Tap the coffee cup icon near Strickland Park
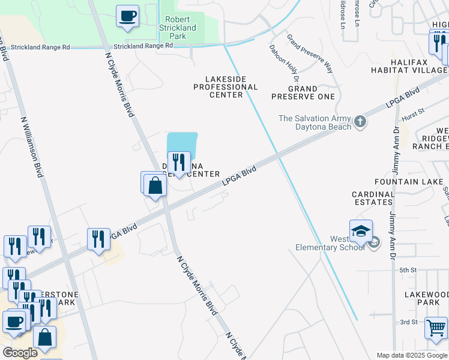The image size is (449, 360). pos(127,17)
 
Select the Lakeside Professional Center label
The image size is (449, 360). pos(225,86)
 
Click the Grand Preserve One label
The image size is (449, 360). pos(303,92)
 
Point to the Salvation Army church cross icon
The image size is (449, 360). pos(360,122)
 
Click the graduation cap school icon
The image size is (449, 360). pos(361,232)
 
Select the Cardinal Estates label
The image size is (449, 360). pos(372,198)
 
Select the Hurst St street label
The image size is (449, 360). pos(413,111)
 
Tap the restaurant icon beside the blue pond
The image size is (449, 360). pos(178,163)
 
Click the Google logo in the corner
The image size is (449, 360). pos(20,353)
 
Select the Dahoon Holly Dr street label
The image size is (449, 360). pos(285,62)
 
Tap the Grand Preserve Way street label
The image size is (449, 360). pos(310,53)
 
